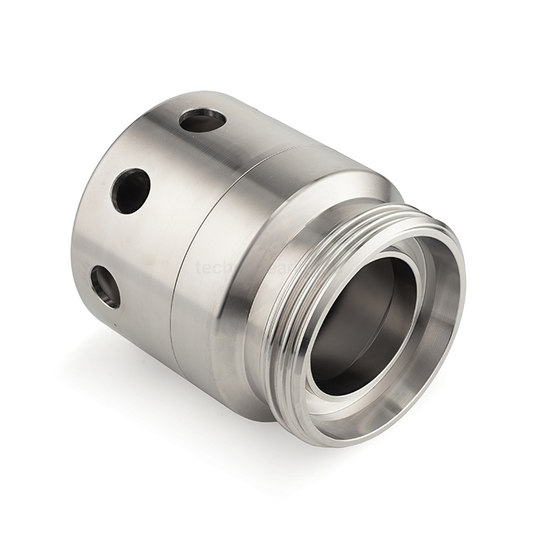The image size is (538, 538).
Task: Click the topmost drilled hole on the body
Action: pos(202,121)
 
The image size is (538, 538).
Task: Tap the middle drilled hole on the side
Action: pos(130,190)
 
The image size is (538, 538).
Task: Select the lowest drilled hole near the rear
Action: pos(105,287)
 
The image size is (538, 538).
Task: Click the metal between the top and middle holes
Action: pos(165,154)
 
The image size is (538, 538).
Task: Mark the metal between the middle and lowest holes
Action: pos(115,238)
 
